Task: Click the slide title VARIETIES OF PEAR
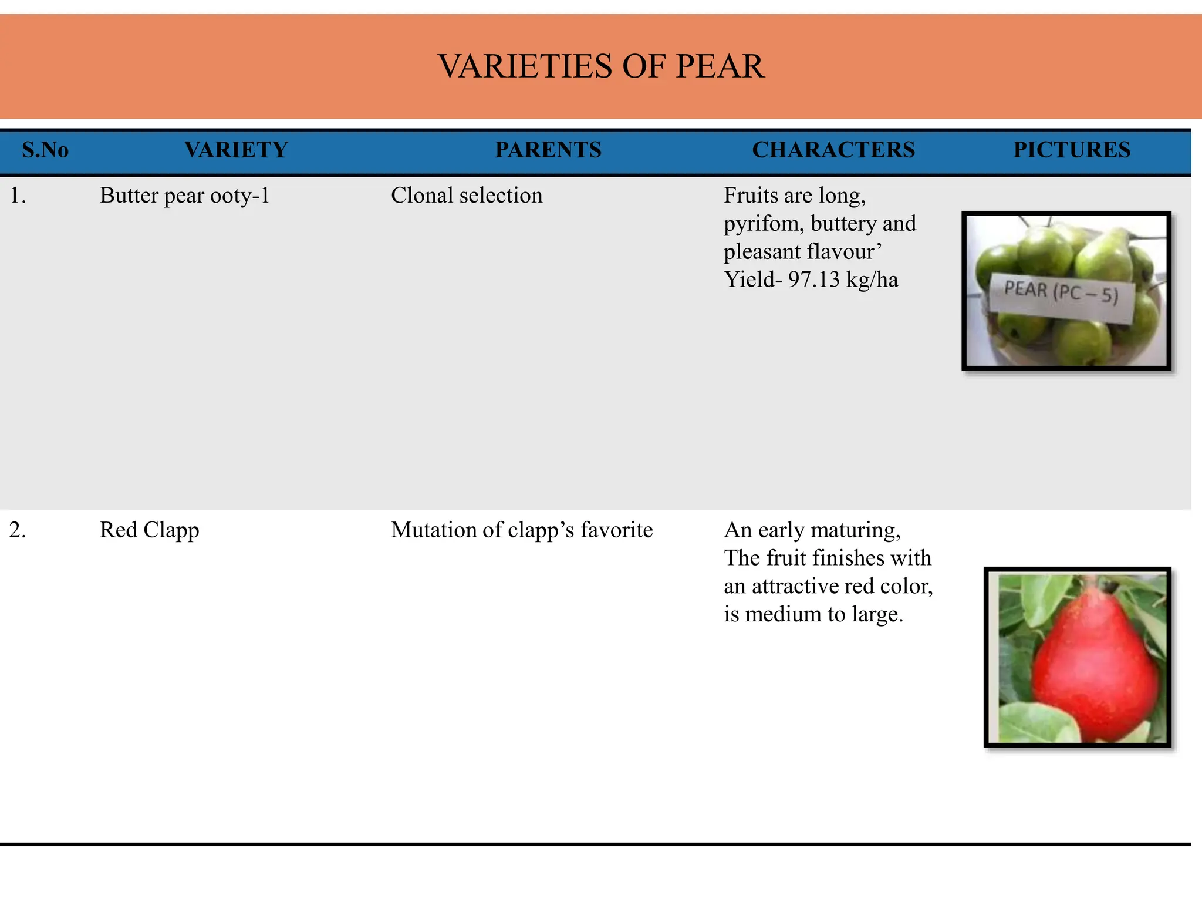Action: (601, 66)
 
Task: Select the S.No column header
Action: (45, 150)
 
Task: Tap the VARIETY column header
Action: (236, 150)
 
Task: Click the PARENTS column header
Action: (548, 150)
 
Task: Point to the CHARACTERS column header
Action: (833, 150)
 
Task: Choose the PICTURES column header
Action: (1072, 150)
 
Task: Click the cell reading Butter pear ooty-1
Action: (184, 196)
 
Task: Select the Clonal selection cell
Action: (467, 196)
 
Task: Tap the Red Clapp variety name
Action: (149, 530)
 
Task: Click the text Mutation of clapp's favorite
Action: (522, 530)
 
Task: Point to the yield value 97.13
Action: (813, 280)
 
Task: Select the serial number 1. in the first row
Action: (18, 196)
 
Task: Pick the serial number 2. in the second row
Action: (18, 530)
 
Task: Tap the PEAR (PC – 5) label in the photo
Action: (1061, 292)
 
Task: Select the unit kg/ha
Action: (872, 280)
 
